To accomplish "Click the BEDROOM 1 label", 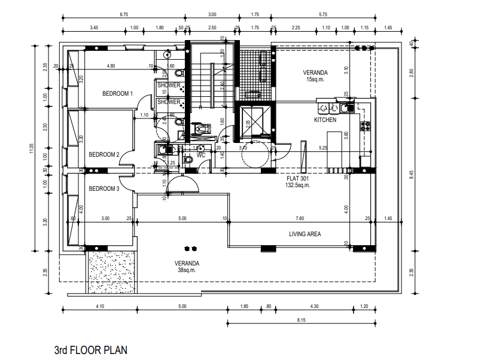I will coord(117,93).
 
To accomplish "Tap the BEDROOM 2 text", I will coord(104,155).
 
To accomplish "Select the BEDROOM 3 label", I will coord(104,189).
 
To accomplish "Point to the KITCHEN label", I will coord(325,120).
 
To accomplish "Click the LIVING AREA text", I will coord(305,234).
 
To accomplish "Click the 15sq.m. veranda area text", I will coord(315,80).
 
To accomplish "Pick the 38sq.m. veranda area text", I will coord(187,270).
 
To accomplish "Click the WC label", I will coord(201,155).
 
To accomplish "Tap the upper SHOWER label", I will coord(169,86).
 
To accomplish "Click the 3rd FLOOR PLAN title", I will coord(91,349).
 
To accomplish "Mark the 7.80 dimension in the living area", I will coord(300,219).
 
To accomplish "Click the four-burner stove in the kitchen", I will coord(364,125).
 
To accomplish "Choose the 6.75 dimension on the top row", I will coord(124,14).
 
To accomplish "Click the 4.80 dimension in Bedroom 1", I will coord(111,66).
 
